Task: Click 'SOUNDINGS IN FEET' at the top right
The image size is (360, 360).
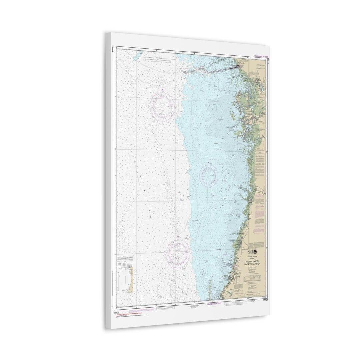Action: pos(260,57)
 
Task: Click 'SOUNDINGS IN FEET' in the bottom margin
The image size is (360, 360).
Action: pos(214,304)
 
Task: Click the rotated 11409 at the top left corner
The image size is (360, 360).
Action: pos(113,49)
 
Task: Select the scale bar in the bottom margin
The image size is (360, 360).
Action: pos(238,303)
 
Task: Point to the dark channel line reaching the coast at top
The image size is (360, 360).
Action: pos(223,68)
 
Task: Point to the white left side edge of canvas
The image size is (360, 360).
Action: pos(108,180)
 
